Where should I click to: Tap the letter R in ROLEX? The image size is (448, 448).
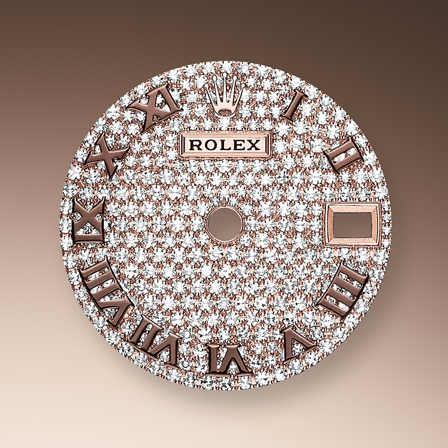tap(195, 145)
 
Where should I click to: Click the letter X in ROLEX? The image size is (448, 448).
tap(254, 145)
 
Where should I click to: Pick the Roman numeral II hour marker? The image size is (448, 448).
tap(343, 155)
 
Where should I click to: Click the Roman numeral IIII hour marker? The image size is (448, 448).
tap(342, 289)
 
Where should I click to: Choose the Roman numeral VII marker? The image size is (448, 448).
tap(157, 340)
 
